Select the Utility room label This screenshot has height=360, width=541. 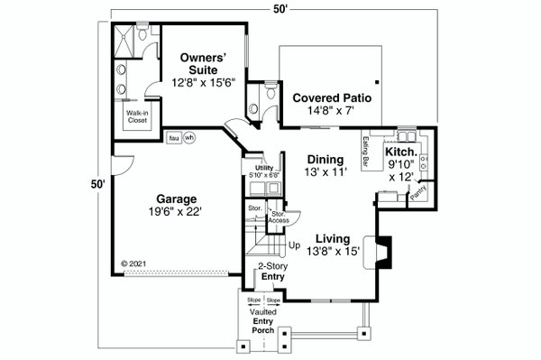tap(263, 169)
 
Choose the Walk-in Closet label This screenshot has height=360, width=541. tap(137, 116)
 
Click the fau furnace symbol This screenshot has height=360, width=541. tap(173, 138)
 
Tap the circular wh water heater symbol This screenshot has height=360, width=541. tap(189, 138)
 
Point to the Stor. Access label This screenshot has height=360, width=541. tap(278, 217)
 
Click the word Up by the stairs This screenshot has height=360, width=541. tap(294, 245)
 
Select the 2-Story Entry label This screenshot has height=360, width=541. tap(271, 272)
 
